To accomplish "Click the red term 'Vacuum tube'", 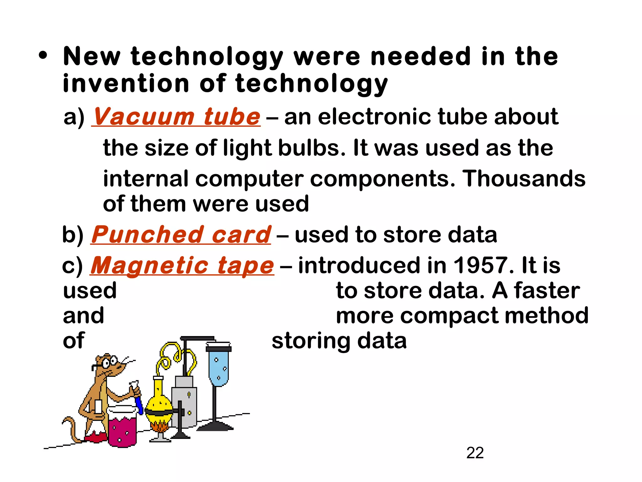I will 176,117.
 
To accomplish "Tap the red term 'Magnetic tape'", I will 182,265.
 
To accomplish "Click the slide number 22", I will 475,453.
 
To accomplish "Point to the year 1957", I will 481,265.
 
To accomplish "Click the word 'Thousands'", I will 524,179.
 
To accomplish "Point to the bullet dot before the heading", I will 43,56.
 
